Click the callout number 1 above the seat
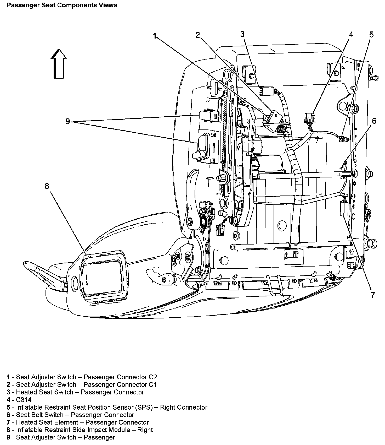tap(155, 36)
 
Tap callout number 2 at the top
tap(198, 35)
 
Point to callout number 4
tap(351, 34)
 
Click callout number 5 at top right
tap(371, 34)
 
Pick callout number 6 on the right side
tap(374, 121)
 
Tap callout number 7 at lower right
tap(373, 295)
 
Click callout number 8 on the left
tap(47, 186)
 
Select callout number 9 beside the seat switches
tap(68, 121)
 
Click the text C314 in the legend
tap(24, 400)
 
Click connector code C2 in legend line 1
tap(153, 377)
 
